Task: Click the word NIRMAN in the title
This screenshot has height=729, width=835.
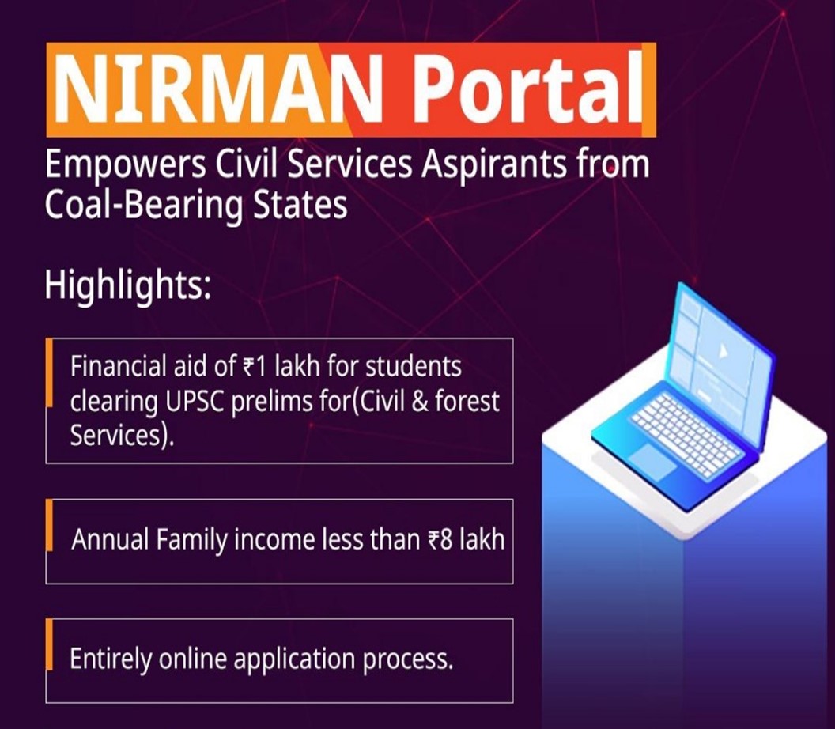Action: [x=217, y=88]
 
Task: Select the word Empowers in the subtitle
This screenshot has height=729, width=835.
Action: [x=126, y=165]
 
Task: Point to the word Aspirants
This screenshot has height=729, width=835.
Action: [x=493, y=165]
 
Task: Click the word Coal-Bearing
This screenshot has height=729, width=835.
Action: [x=144, y=206]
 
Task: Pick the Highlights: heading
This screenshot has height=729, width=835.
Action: [x=128, y=286]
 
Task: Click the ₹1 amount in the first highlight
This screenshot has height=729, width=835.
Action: [x=254, y=367]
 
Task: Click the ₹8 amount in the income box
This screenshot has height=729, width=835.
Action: [x=440, y=539]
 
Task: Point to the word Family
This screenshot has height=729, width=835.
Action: [x=192, y=540]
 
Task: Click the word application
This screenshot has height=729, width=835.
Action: [x=294, y=660]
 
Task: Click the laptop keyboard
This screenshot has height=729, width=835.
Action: [x=686, y=433]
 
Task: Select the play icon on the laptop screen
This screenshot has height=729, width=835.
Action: [x=722, y=351]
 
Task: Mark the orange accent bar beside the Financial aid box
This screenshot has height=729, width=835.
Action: [x=50, y=372]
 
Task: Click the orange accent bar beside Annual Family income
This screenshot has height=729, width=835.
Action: [x=50, y=526]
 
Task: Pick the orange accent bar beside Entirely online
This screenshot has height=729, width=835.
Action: [x=50, y=644]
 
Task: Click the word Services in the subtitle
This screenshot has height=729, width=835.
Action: [x=349, y=165]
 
